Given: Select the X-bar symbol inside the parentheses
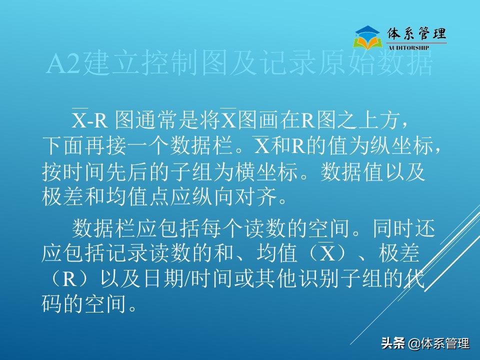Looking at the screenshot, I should click(328, 254).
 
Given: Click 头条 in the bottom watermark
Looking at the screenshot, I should click(392, 343).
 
